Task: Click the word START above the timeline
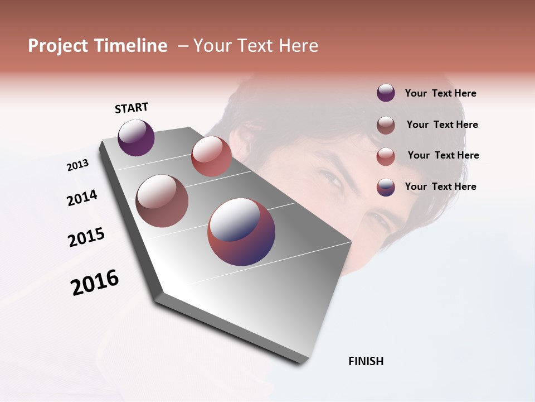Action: [x=132, y=108]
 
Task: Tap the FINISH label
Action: [x=366, y=361]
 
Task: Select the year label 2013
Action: [x=77, y=165]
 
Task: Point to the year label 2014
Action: [x=82, y=198]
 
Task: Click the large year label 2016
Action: [x=95, y=283]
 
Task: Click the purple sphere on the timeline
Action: [x=136, y=138]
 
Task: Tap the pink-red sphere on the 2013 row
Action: [x=211, y=156]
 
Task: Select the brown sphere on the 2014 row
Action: [x=162, y=201]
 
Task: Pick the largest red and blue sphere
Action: [x=241, y=232]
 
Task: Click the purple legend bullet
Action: [x=386, y=93]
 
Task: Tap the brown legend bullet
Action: [x=386, y=125]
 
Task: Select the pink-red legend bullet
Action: [x=386, y=156]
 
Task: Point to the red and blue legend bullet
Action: [x=386, y=187]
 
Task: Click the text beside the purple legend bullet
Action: [x=440, y=93]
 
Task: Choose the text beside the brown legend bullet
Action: [x=442, y=125]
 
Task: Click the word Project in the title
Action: [x=57, y=46]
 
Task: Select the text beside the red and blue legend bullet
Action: [x=440, y=186]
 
